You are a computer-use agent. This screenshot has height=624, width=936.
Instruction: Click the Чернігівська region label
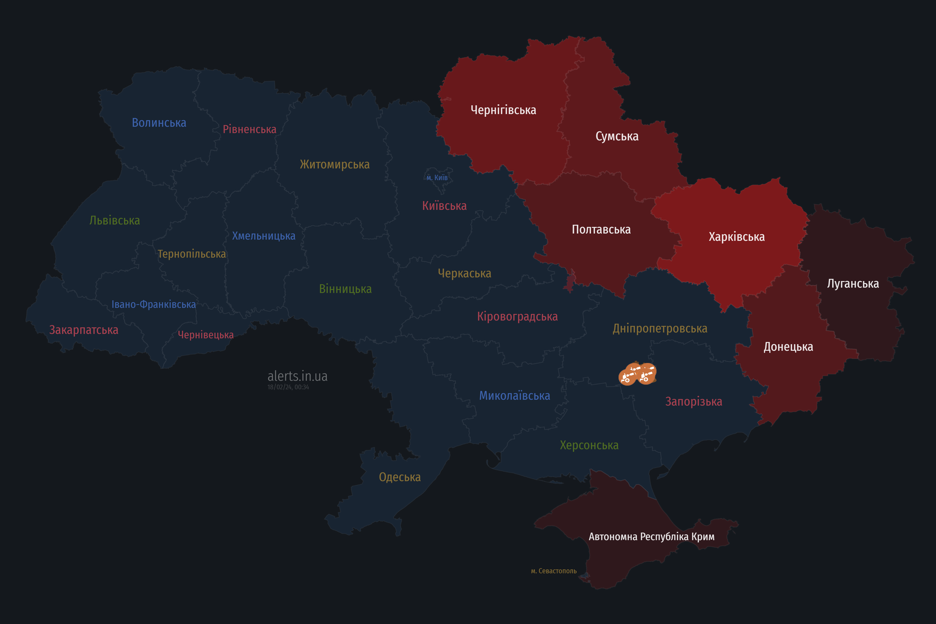tap(503, 110)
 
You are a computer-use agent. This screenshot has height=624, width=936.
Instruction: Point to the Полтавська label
tap(601, 230)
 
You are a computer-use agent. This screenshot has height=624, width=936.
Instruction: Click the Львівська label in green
tap(115, 220)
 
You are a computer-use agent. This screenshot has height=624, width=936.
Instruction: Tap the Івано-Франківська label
tap(154, 304)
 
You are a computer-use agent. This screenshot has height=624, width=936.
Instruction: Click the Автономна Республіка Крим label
tap(652, 536)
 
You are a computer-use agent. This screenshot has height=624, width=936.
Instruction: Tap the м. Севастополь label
tap(554, 571)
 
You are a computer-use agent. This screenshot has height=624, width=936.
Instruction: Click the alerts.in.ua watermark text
tap(297, 376)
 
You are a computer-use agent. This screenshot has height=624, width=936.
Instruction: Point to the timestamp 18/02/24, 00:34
tap(288, 387)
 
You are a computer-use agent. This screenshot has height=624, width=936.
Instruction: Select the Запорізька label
tap(694, 401)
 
